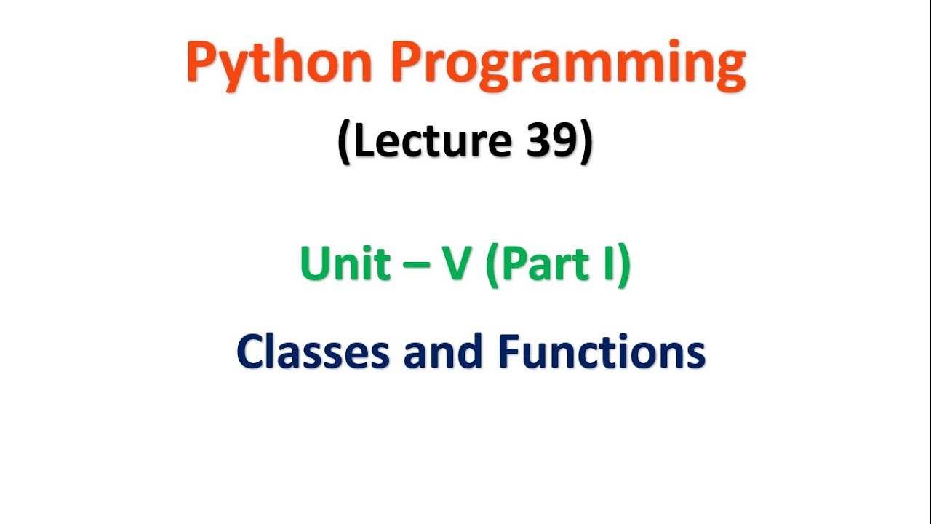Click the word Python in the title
point(281,64)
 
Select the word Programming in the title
point(568,64)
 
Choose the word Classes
point(313,352)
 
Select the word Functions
point(602,352)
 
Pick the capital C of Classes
point(251,353)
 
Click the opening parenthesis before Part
point(492,265)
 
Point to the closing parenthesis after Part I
point(623,265)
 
